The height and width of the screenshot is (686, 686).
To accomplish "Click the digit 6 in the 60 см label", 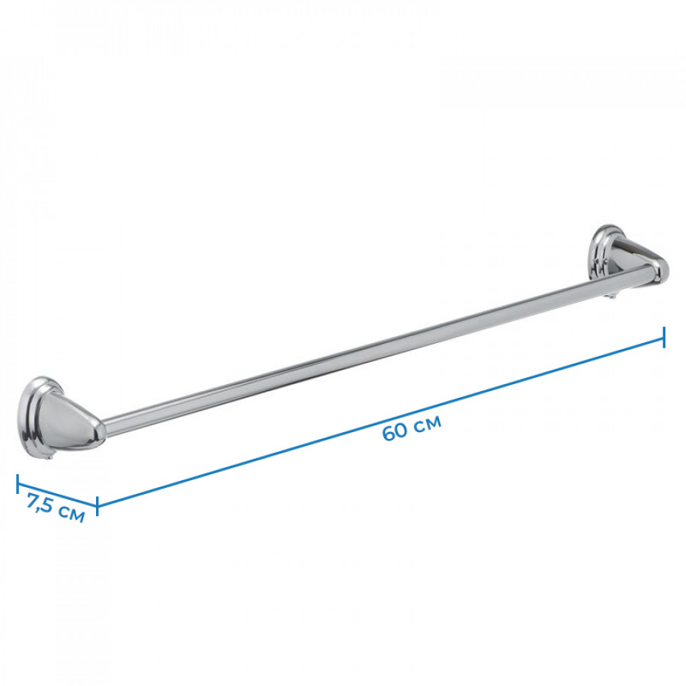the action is (389, 433).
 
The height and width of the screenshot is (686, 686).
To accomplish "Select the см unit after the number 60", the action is (428, 423).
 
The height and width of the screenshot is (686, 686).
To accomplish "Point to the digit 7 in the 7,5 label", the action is (34, 501).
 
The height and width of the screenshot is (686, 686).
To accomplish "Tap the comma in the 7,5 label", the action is (42, 509).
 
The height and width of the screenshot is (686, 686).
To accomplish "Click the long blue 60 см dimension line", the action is (380, 422).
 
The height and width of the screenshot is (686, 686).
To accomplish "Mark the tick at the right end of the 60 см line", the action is (664, 338).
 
